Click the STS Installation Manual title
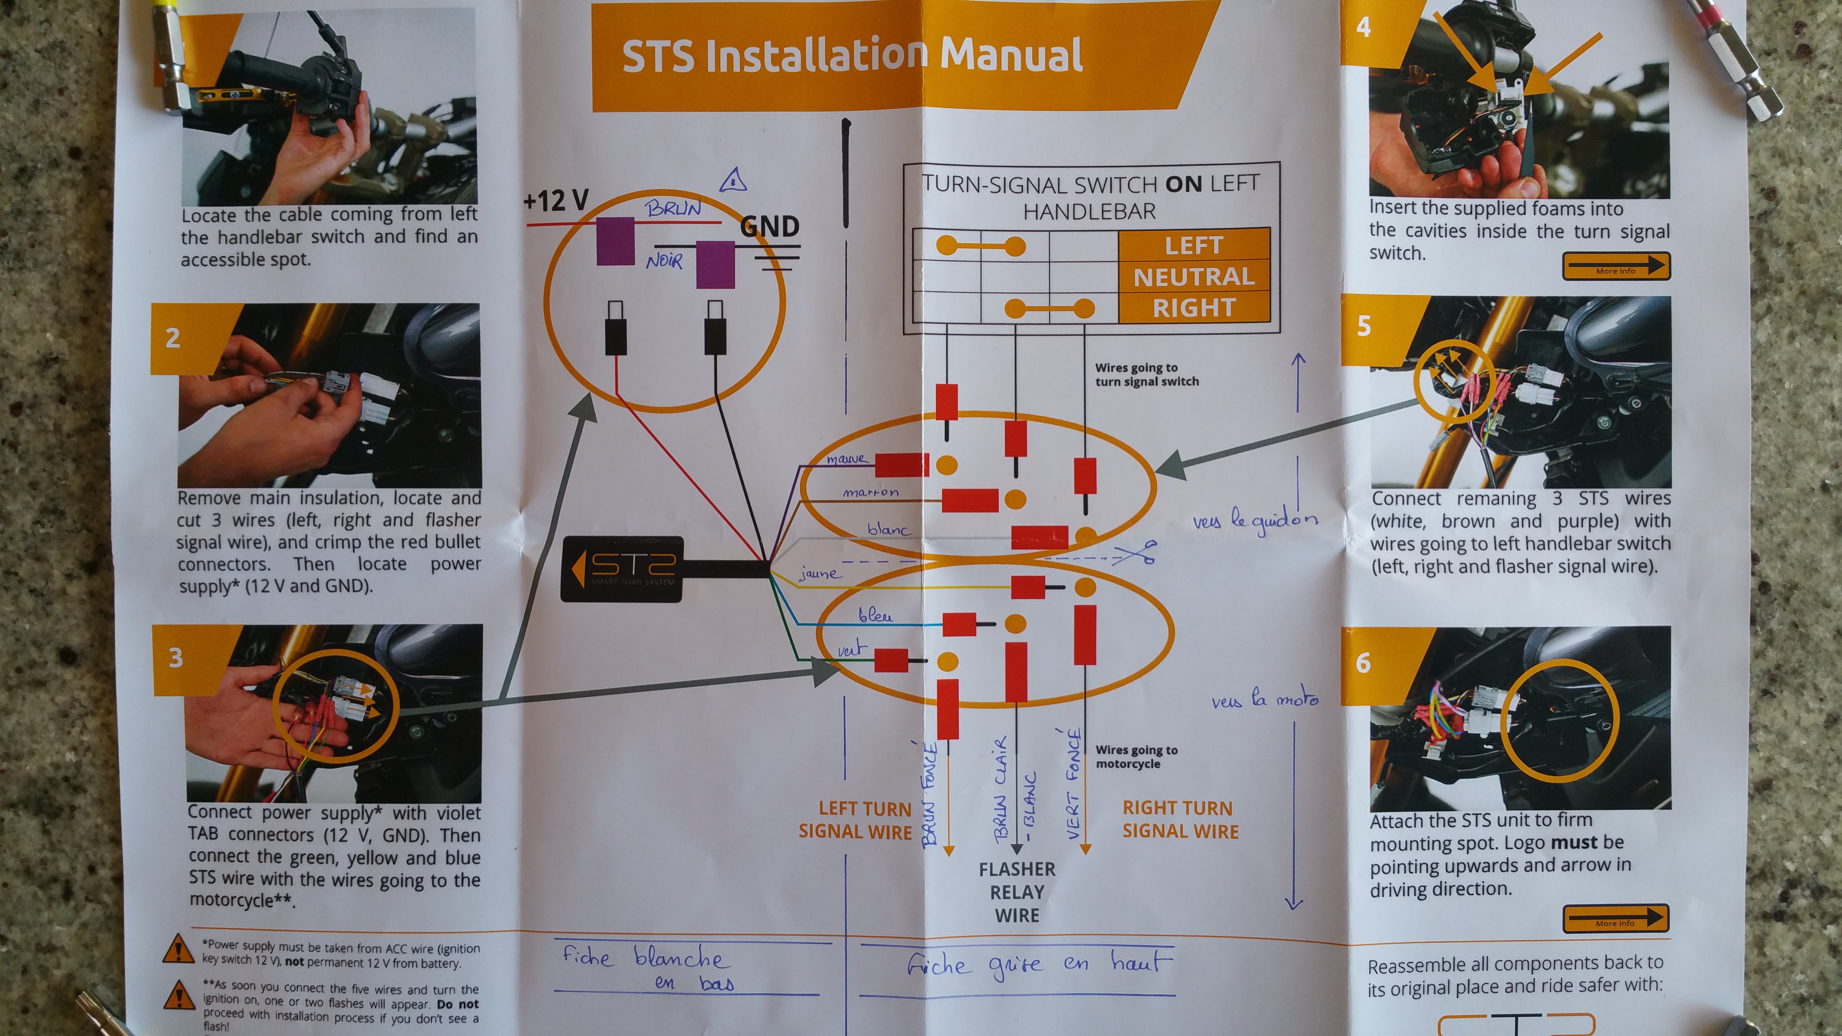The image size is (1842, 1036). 851,56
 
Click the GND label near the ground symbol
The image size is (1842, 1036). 769,227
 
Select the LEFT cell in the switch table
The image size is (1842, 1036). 1194,245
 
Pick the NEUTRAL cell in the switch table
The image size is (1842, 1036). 1194,277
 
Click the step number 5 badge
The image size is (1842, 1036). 1363,326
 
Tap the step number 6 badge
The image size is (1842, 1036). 1363,663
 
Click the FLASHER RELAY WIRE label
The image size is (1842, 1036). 1017,892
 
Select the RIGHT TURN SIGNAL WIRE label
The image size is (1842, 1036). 1180,819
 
